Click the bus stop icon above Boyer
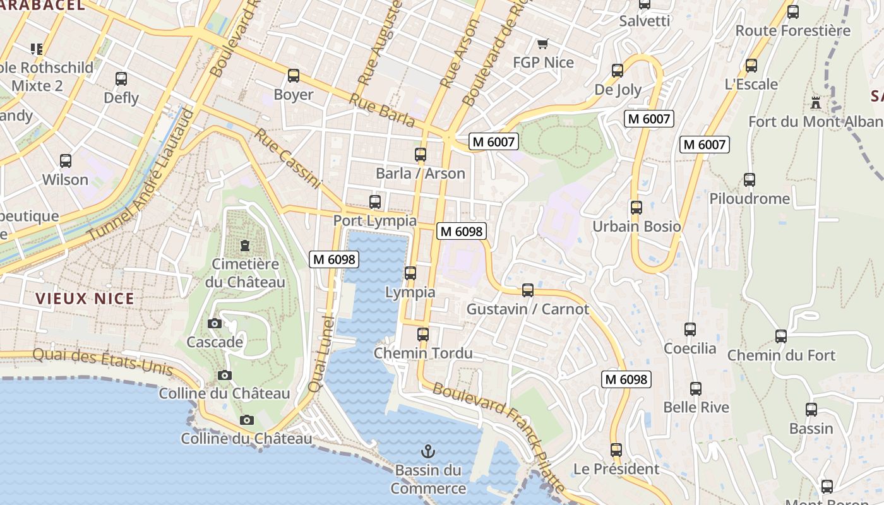pyautogui.click(x=294, y=76)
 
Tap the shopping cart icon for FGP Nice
pyautogui.click(x=542, y=44)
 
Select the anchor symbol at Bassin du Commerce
pyautogui.click(x=428, y=451)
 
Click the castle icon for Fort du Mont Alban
pyautogui.click(x=816, y=102)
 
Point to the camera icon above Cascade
pyautogui.click(x=215, y=323)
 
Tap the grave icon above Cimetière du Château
pyautogui.click(x=245, y=245)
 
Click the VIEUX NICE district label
pyautogui.click(x=85, y=299)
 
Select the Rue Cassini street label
pyautogui.click(x=288, y=158)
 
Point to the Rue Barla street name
pyautogui.click(x=382, y=110)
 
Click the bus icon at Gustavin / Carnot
pyautogui.click(x=528, y=290)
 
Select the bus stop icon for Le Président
pyautogui.click(x=616, y=450)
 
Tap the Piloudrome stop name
pyautogui.click(x=750, y=199)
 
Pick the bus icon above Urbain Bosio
pyautogui.click(x=636, y=207)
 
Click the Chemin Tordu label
pyautogui.click(x=423, y=353)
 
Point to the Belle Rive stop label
pyautogui.click(x=696, y=407)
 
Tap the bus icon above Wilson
pyautogui.click(x=66, y=161)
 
